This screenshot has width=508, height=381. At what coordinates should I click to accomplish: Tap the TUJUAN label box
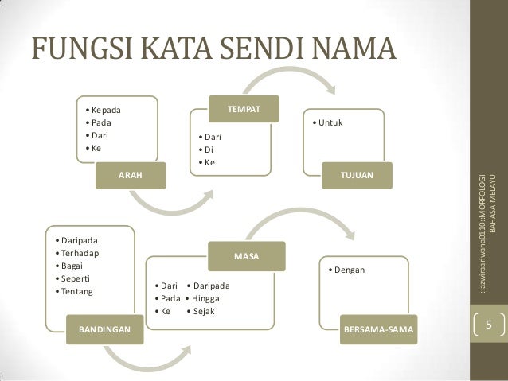(x=356, y=174)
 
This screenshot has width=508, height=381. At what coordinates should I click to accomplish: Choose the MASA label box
(x=244, y=257)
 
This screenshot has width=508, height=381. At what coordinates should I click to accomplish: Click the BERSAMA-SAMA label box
(x=378, y=328)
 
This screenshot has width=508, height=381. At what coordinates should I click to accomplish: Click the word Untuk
(x=330, y=123)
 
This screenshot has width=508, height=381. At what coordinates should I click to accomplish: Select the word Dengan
(x=350, y=270)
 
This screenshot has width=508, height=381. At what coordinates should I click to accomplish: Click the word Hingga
(x=209, y=298)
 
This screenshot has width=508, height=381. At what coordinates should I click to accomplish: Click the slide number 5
(x=490, y=326)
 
